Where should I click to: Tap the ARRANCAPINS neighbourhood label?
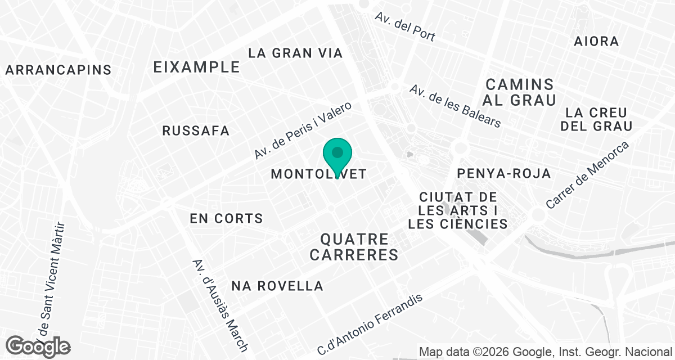pyautogui.click(x=58, y=70)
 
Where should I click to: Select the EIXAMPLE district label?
pyautogui.click(x=197, y=67)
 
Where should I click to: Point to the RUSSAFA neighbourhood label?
pyautogui.click(x=196, y=131)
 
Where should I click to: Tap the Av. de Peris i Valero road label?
pyautogui.click(x=303, y=130)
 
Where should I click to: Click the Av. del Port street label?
pyautogui.click(x=405, y=26)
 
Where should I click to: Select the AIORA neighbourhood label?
pyautogui.click(x=596, y=41)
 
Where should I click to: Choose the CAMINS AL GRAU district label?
pyautogui.click(x=520, y=92)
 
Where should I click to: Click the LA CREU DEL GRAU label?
pyautogui.click(x=596, y=119)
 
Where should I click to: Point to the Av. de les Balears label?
pyautogui.click(x=454, y=106)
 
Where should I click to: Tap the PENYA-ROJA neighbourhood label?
pyautogui.click(x=504, y=173)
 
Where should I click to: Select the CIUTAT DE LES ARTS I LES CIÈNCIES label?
pyautogui.click(x=458, y=211)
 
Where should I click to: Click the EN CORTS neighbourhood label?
pyautogui.click(x=226, y=218)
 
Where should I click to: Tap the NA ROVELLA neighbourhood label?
pyautogui.click(x=277, y=286)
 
